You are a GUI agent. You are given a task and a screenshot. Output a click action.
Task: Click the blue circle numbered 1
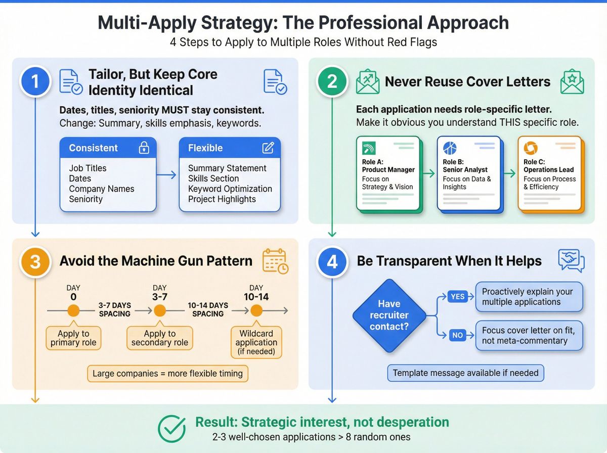coord(35,82)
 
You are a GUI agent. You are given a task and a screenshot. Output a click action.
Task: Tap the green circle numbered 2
coord(332,82)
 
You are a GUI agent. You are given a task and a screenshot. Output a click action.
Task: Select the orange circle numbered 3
coord(35,261)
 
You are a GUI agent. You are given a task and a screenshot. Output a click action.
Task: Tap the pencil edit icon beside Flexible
coord(268,148)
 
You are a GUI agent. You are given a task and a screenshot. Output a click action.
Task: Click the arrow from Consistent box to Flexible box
coord(168,175)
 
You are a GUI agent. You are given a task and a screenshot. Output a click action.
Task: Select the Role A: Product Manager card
coord(388,173)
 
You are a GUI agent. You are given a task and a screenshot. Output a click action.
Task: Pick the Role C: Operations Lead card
coord(549,173)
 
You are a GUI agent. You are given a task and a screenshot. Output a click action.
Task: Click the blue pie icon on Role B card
coord(450,148)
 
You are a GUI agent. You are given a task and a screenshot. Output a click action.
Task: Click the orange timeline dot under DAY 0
coord(74,310)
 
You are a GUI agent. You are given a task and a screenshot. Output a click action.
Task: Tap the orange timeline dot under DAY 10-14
coord(256,310)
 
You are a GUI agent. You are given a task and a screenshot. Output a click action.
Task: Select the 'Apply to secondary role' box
coord(160,338)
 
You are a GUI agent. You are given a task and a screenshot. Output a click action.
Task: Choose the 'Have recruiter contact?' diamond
coord(389,315)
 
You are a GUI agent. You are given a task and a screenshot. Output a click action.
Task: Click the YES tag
coord(457,297)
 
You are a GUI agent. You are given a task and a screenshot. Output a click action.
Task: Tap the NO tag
coord(457,334)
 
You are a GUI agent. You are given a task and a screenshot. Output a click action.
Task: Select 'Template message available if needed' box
coord(466,374)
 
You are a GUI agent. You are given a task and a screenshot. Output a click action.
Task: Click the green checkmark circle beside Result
coord(172,429)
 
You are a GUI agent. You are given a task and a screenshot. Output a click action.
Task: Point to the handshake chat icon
coord(571,261)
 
